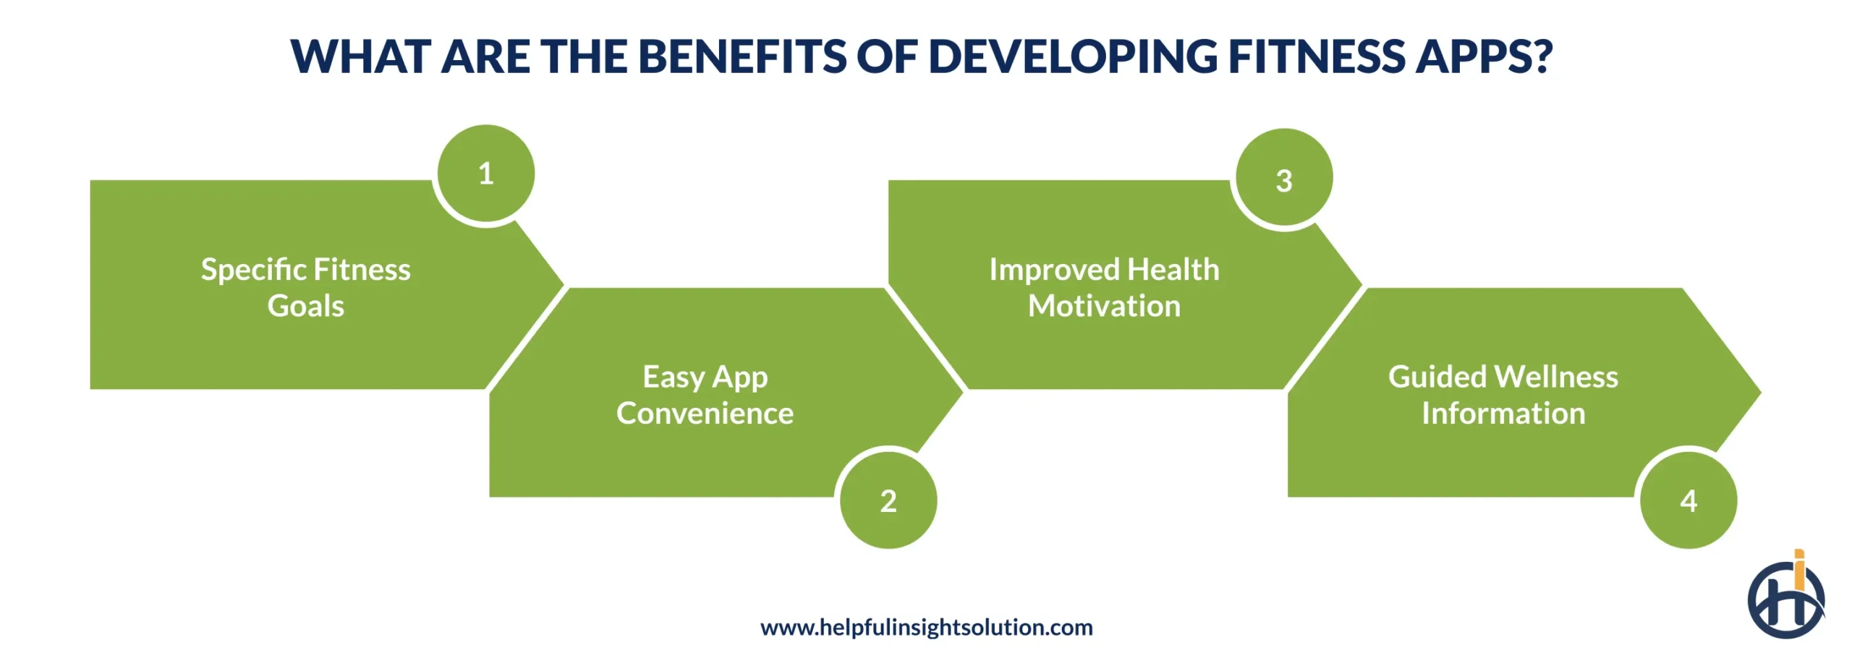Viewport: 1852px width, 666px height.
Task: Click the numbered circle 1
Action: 485,174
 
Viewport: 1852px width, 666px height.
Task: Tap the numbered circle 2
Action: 888,500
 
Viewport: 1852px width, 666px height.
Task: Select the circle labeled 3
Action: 1283,179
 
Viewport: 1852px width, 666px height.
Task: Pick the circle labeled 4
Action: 1688,500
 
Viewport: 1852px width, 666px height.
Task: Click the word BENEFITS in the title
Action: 742,56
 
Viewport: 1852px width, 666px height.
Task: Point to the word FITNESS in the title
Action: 1316,56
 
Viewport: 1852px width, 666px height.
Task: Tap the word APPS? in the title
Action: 1484,56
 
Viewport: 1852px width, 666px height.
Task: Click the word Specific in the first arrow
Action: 253,270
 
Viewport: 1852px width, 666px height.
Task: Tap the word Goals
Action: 305,306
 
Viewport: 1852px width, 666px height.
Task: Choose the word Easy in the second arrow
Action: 673,377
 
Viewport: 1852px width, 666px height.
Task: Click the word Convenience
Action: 705,414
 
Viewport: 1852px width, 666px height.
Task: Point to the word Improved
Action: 1053,270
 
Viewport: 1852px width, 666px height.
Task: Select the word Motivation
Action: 1104,306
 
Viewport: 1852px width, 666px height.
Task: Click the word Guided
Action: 1437,377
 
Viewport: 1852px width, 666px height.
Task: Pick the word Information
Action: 1503,414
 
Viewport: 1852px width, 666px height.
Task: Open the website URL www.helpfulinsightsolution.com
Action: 926,627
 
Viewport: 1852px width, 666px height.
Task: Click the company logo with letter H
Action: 1785,598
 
